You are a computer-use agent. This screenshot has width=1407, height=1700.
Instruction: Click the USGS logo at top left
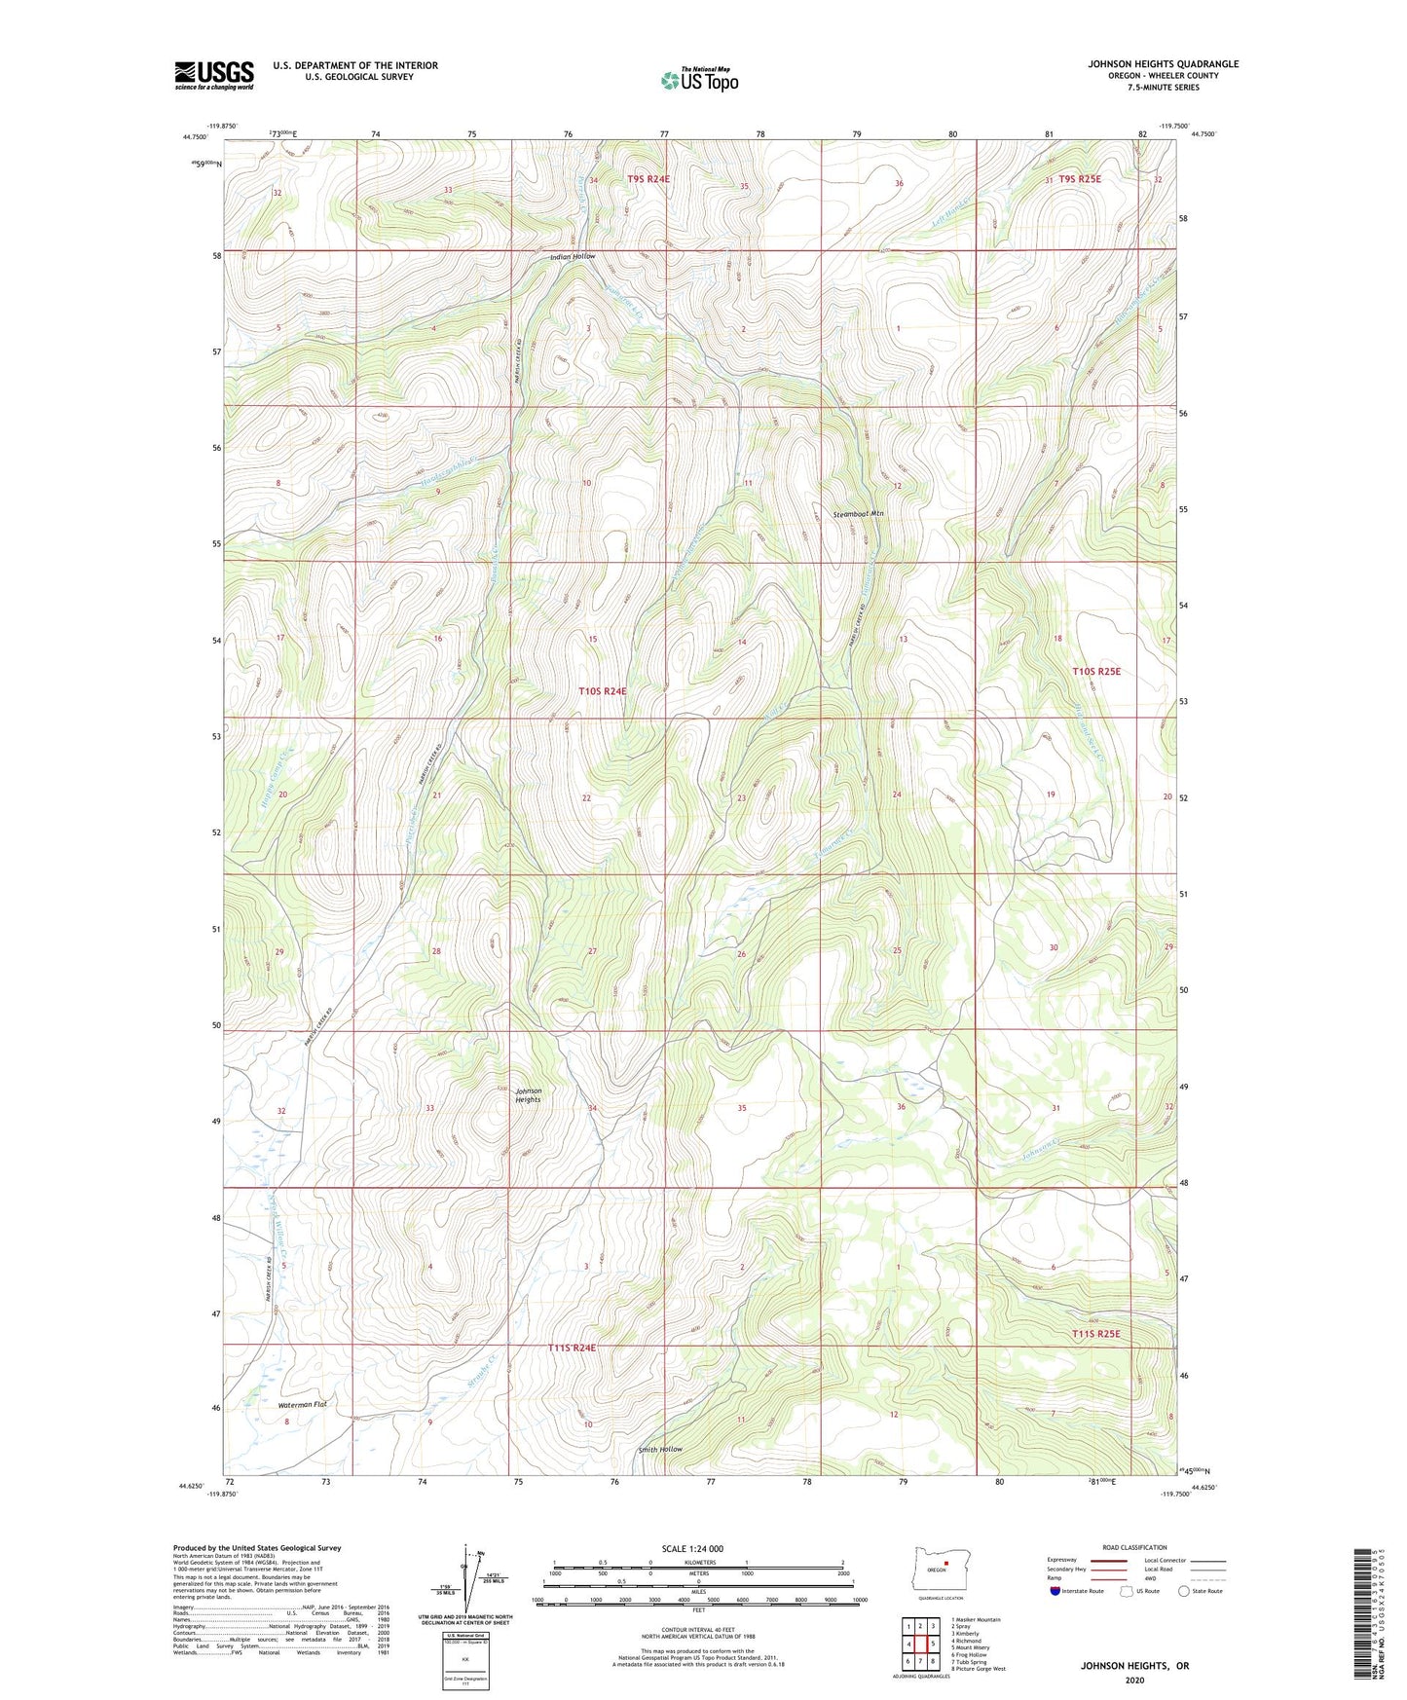(x=214, y=75)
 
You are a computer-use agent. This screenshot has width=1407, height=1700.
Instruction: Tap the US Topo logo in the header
(x=699, y=80)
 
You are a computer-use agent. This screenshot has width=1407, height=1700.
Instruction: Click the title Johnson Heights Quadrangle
(x=1163, y=64)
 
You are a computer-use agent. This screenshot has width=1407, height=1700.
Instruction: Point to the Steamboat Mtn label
(x=858, y=513)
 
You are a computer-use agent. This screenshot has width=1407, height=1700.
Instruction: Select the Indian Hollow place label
(x=572, y=257)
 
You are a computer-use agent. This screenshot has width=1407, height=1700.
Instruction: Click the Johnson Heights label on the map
(x=528, y=1095)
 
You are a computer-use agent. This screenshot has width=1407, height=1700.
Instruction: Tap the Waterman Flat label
(x=303, y=1404)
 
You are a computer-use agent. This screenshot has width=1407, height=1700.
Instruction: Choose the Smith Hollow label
(x=659, y=1449)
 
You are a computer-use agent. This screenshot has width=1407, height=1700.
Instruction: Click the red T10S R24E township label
(x=602, y=690)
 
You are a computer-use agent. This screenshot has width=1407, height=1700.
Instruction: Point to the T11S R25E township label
(x=1102, y=1334)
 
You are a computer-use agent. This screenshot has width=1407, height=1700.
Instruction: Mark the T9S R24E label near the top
(x=649, y=179)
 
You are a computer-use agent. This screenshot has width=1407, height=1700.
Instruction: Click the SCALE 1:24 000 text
(x=691, y=1548)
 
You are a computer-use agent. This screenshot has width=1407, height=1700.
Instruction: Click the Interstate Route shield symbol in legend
(x=1055, y=1591)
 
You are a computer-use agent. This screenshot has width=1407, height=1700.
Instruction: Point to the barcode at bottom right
(x=1362, y=1616)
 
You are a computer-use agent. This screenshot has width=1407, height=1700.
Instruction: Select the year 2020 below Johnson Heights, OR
(x=1133, y=1680)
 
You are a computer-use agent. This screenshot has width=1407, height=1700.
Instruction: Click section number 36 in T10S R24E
(x=901, y=1107)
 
